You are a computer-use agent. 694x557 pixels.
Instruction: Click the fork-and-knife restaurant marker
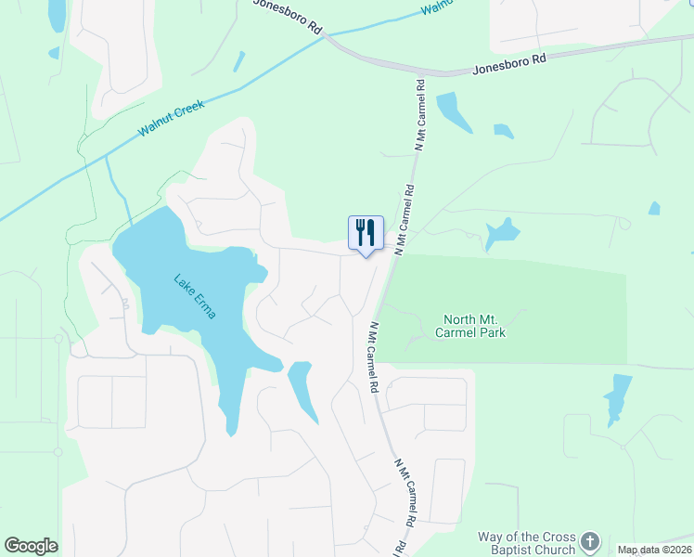point(366,232)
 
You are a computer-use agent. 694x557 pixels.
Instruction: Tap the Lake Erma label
point(195,296)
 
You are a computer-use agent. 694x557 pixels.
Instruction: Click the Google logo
point(31,546)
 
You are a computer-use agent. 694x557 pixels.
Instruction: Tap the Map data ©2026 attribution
point(654,550)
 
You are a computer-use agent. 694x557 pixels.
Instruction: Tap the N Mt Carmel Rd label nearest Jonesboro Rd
point(419,115)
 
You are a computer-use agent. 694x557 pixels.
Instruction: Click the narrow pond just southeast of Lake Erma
point(302,390)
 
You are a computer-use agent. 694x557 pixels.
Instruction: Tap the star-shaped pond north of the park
point(501,230)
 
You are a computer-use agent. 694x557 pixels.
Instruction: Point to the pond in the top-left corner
point(57,14)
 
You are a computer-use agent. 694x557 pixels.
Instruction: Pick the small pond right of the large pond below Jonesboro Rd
point(503,131)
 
